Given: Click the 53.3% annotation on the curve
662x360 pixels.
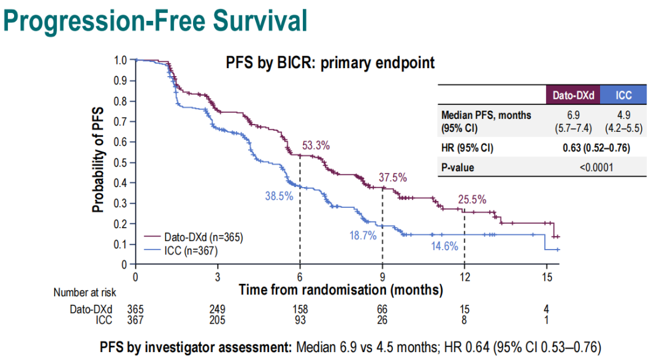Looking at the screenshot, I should coord(316,146).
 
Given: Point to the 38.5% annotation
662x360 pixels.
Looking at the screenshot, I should coord(279,196).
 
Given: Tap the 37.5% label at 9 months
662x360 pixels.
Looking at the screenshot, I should coord(393,177).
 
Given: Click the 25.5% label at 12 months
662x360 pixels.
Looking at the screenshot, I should coord(472,199).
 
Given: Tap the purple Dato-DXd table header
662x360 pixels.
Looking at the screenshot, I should coord(573,95).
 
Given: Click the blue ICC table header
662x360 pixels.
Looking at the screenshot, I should coord(624,95).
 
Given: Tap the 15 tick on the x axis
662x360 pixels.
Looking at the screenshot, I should coord(547,276).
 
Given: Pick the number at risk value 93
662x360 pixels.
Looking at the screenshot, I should coord(300,320).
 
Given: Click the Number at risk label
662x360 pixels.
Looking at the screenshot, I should coord(85,293).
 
